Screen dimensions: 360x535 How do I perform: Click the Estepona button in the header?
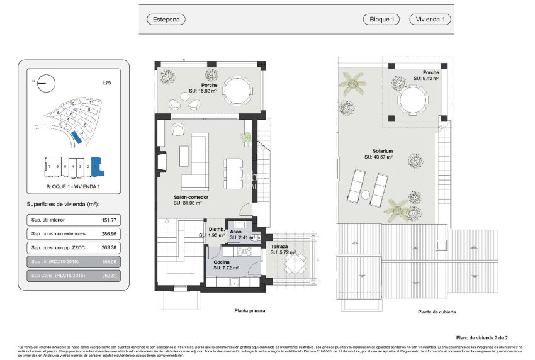coord(166,20)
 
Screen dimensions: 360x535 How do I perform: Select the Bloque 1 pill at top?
coord(382,20)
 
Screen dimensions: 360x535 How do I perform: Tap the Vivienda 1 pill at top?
coord(431,20)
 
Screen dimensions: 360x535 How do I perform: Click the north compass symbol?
coord(46,82)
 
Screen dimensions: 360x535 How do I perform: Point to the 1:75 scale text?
coord(106,82)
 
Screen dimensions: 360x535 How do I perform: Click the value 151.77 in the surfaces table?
coord(109,221)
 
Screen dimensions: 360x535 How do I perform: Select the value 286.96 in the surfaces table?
coord(109,234)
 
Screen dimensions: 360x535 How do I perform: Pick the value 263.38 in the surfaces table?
coord(109,248)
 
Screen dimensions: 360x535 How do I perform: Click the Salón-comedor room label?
coord(191,197)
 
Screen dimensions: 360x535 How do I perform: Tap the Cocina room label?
coord(221,262)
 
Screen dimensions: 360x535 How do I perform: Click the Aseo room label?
coord(235,232)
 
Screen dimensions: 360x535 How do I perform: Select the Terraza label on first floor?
coord(279,247)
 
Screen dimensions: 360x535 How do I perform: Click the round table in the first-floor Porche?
coord(239,90)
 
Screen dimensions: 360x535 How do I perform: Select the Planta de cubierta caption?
coord(437,312)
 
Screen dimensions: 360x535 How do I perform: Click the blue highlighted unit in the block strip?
coord(96,166)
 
